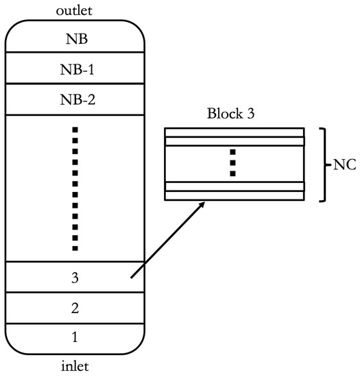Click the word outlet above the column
click(75, 11)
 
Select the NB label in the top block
click(75, 39)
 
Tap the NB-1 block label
click(75, 69)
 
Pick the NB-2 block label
click(75, 100)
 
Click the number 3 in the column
click(75, 278)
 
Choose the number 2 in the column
click(75, 308)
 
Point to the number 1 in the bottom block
click(75, 339)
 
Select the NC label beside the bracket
click(344, 164)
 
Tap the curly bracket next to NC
click(324, 164)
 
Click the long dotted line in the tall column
click(75, 188)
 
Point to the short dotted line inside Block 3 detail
click(232, 163)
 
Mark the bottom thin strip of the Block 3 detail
click(232, 195)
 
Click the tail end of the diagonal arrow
click(131, 278)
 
